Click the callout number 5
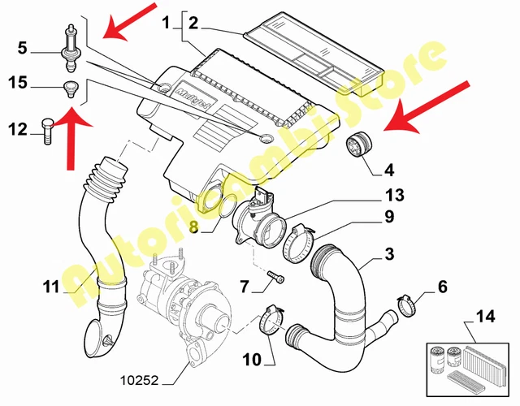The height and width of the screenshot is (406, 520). (23, 49)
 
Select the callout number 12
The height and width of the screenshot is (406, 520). (18, 127)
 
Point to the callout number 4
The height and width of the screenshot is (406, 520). (389, 170)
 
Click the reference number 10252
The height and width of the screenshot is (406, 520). (145, 378)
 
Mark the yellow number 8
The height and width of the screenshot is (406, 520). (194, 228)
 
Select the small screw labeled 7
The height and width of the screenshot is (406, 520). (276, 279)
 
